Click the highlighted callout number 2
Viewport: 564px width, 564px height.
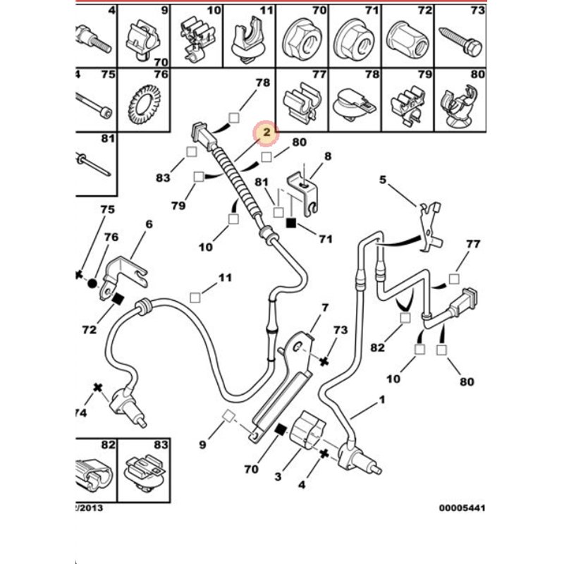266,132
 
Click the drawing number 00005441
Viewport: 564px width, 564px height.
461,508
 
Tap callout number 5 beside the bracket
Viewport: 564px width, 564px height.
383,180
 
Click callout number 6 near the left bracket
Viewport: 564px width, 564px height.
149,224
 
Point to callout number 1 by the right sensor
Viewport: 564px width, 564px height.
383,400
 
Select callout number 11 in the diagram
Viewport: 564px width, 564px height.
224,278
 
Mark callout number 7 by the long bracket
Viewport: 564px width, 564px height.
325,307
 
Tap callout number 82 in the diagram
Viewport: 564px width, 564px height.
379,348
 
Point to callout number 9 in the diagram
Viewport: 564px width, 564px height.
202,445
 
